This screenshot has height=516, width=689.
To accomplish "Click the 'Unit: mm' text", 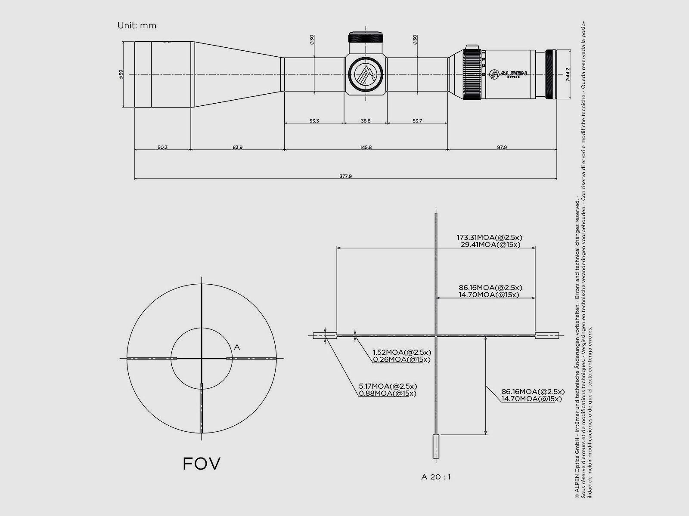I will coord(137,25).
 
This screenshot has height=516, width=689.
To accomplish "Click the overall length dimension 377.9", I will coord(345,176).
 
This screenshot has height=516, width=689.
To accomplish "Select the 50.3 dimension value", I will coord(162,147).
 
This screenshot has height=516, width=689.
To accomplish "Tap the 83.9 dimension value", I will coord(237,147).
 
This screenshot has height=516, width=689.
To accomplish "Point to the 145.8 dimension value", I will coord(366,147).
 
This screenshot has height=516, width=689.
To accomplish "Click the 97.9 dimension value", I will coord(502,147).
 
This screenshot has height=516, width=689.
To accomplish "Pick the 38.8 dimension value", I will coord(366,121).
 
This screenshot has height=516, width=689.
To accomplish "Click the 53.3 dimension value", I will coord(314,121).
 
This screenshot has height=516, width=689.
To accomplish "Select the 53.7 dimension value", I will coord(417,121).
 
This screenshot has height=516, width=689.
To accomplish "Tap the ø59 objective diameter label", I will coord(121,74).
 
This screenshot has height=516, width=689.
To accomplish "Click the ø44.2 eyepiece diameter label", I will coord(568,74).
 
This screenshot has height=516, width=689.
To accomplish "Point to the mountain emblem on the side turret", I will coord(366,74).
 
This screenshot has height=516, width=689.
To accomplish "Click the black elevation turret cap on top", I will coord(366,37).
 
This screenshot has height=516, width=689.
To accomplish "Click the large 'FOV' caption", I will coord(202,464).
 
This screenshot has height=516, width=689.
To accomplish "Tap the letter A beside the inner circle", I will coord(237,347).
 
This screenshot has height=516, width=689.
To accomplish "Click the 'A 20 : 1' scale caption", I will coord(436,476).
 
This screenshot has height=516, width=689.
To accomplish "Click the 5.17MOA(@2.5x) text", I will coord(388,386).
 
